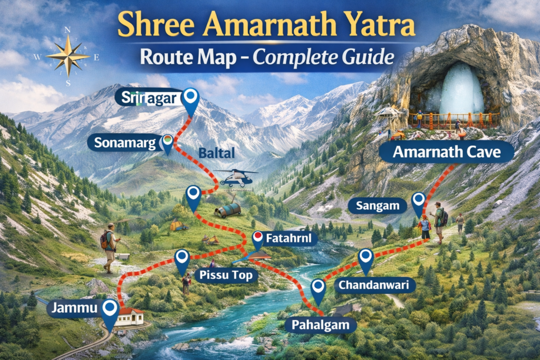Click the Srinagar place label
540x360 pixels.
(148, 98)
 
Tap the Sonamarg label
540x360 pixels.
(124, 142)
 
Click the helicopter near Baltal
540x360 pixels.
(236, 178)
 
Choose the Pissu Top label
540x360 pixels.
(226, 275)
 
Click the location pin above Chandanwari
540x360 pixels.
(365, 260)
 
